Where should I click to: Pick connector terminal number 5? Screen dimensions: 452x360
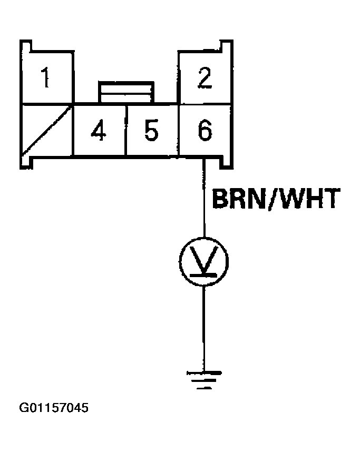pos(152,130)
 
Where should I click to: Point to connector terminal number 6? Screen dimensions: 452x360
pos(205,130)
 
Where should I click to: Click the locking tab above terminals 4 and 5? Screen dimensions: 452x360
pos(127,91)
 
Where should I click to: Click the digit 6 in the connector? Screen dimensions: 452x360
pos(205,130)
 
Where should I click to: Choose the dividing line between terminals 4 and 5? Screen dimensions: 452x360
pos(126,130)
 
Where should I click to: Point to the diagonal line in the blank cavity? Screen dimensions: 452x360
pos(47,132)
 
